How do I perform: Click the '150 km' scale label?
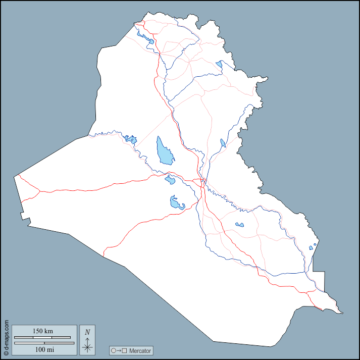point(43,331)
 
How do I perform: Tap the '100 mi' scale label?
point(44,349)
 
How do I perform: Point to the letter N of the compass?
point(87,332)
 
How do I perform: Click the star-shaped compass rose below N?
point(87,346)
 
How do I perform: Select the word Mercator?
point(139,350)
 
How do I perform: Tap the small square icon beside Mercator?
point(124,350)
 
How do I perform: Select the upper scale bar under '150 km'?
point(42,337)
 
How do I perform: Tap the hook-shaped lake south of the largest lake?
point(176,203)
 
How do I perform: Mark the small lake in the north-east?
point(219,65)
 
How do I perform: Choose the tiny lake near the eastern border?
point(315,245)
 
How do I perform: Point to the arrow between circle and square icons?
point(119,350)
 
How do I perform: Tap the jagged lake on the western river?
point(131,139)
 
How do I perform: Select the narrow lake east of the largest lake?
point(223,143)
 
